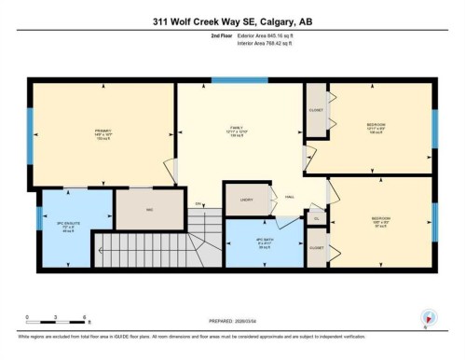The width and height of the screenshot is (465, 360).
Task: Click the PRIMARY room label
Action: (x=103, y=132)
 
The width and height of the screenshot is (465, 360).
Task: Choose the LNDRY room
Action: (x=246, y=200)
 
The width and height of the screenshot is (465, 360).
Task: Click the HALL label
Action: (x=290, y=198)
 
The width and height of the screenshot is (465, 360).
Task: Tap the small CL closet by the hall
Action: (x=317, y=219)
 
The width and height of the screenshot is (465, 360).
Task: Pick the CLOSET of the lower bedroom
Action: (x=317, y=247)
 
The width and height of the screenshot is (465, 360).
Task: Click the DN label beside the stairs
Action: (x=198, y=203)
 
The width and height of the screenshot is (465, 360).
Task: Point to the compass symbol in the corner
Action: (x=428, y=317)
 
